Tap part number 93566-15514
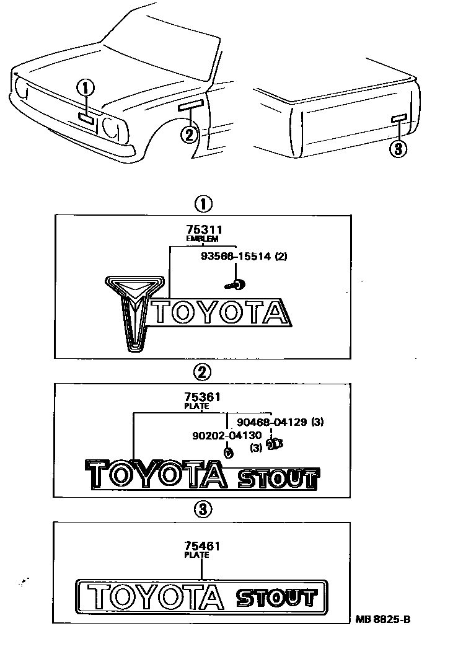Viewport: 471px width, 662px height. click(236, 257)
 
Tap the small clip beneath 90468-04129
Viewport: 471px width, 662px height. click(273, 444)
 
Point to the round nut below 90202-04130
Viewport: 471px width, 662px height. click(228, 452)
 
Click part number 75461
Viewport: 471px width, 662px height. click(202, 546)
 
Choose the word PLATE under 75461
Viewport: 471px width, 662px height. click(197, 555)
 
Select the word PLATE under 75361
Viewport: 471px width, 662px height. click(197, 407)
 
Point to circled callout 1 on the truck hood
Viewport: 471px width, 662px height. click(86, 89)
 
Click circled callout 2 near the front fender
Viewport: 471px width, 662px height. click(190, 133)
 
